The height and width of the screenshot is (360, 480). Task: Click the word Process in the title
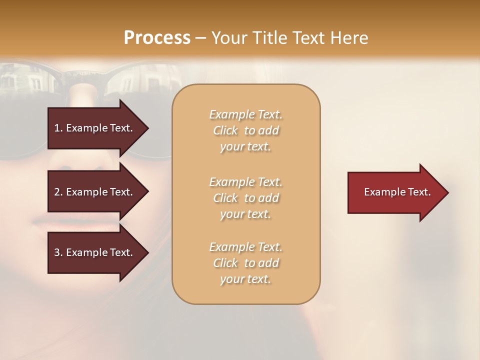pyautogui.click(x=157, y=38)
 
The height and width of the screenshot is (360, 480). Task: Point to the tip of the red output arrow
pyautogui.click(x=447, y=192)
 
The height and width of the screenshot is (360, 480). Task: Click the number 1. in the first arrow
pyautogui.click(x=58, y=128)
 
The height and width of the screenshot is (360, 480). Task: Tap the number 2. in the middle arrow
pyautogui.click(x=58, y=192)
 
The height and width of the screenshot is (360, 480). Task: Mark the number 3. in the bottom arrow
pyautogui.click(x=58, y=252)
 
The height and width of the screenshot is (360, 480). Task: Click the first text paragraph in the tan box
pyautogui.click(x=245, y=130)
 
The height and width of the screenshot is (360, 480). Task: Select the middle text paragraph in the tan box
pyautogui.click(x=245, y=198)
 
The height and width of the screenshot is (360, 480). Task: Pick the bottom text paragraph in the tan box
pyautogui.click(x=245, y=263)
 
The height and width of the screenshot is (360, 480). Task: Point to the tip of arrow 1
pyautogui.click(x=148, y=128)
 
